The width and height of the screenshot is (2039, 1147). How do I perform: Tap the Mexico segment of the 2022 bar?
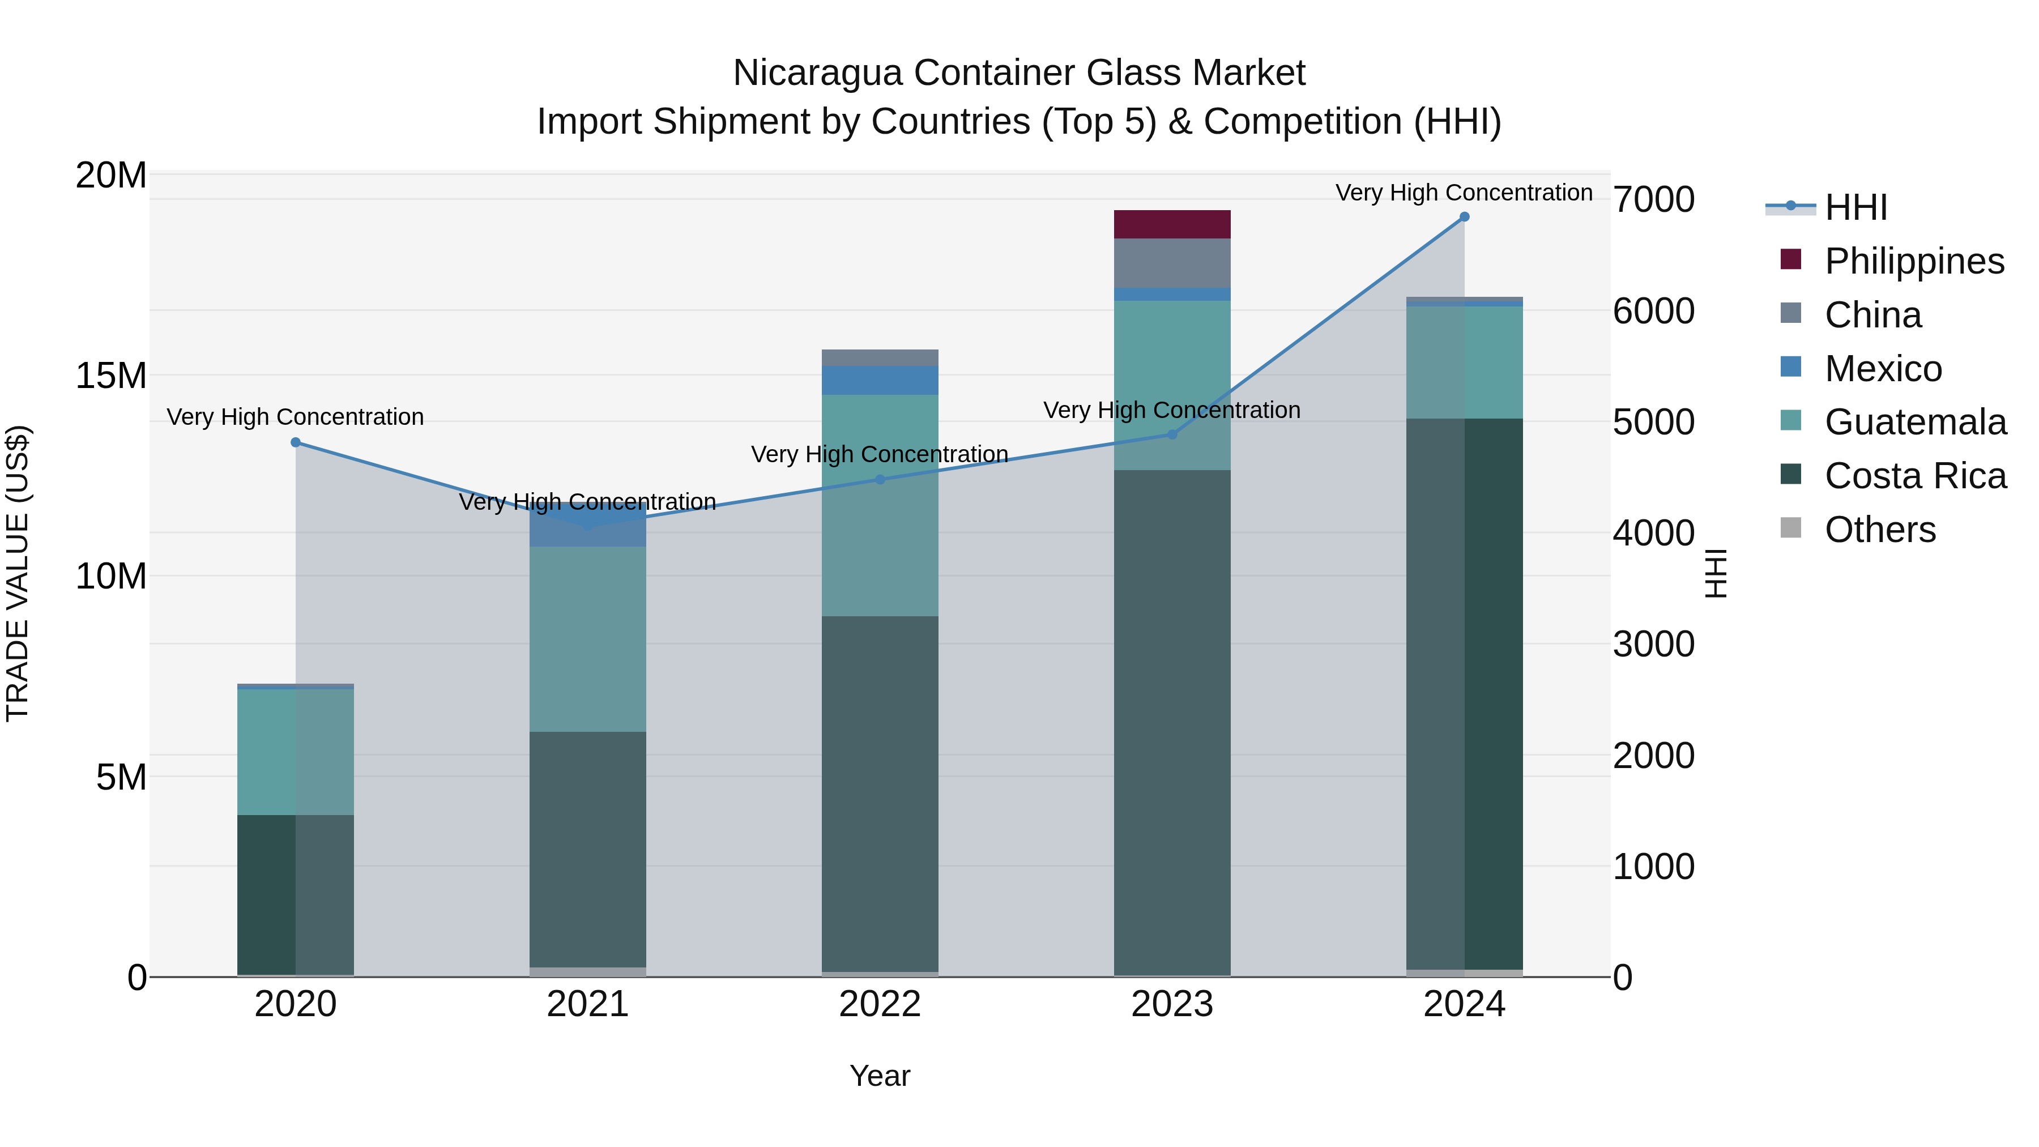(880, 380)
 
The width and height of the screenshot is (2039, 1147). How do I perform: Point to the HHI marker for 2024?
(1464, 217)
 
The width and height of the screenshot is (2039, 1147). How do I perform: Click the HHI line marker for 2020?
(295, 442)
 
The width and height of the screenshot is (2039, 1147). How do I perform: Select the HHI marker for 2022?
(880, 480)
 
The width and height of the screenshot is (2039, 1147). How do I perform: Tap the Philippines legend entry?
(1914, 261)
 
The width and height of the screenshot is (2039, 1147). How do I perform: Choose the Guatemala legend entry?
(1916, 422)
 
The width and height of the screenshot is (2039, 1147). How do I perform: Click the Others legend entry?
(1880, 530)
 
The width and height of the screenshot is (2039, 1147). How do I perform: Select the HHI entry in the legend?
(1855, 207)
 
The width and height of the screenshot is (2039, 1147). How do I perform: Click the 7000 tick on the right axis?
(1653, 199)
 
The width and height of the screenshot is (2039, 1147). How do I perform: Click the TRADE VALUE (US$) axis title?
(18, 573)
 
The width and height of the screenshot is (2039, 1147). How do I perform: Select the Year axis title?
(880, 1076)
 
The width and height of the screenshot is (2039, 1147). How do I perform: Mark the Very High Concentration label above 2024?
(1464, 193)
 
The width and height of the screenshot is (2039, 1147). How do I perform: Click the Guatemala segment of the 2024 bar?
(1464, 363)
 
